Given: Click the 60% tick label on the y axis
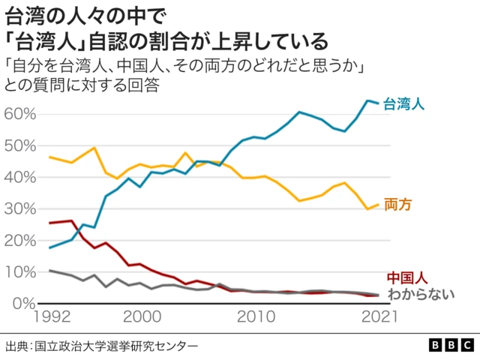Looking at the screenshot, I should pos(20,113).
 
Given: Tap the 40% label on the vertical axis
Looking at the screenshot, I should pos(20,177).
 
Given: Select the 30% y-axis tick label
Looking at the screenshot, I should pos(20,208).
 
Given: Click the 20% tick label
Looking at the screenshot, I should pos(20,240).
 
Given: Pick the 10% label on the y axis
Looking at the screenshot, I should pos(20,271).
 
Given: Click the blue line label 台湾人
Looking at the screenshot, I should pos(404,104).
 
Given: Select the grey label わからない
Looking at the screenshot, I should pos(421,293).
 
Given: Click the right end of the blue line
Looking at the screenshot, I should pos(378,103).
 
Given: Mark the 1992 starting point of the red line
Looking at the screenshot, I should pos(49,223).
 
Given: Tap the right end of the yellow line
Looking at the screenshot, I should pos(378,204).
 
